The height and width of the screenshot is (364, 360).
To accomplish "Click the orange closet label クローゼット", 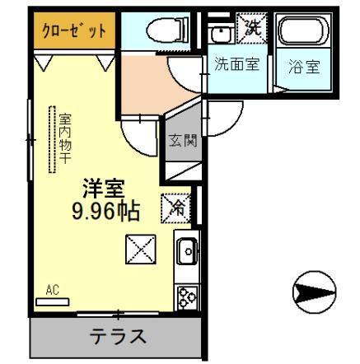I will pyautogui.click(x=75, y=32).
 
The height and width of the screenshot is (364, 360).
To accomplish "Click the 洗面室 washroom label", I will pyautogui.click(x=237, y=65).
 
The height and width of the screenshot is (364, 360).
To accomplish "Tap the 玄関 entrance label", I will pyautogui.click(x=184, y=140).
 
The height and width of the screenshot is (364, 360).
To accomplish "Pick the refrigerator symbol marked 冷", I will pyautogui.click(x=176, y=207).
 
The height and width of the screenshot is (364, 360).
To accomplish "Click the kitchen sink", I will pyautogui.click(x=186, y=248).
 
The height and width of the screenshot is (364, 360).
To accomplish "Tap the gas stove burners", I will pyautogui.click(x=186, y=297).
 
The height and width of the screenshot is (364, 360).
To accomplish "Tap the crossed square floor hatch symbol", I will pyautogui.click(x=139, y=249).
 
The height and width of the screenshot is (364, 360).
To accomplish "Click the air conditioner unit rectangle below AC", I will pyautogui.click(x=54, y=301).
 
